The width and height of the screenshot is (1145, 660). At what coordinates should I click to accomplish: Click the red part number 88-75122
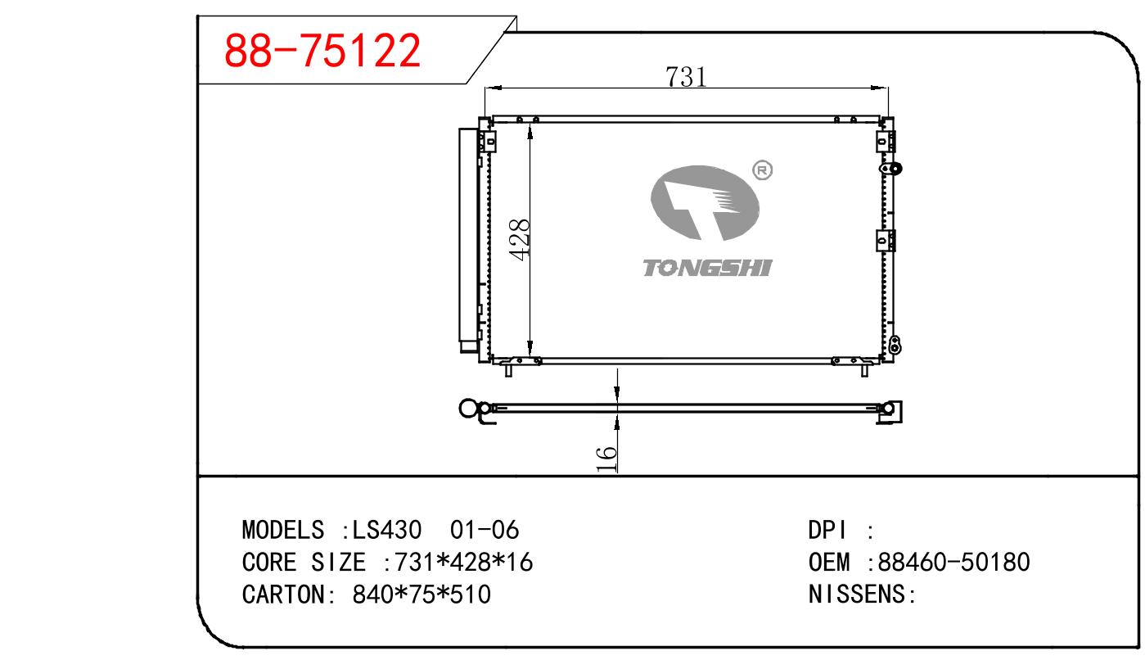[322, 50]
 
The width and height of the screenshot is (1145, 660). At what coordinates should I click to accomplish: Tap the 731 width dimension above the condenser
[686, 77]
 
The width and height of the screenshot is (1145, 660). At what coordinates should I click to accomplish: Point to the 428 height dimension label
[520, 240]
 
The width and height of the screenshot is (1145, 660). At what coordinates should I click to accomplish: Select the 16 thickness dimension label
[606, 459]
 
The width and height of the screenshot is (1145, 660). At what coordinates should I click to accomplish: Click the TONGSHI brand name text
[707, 268]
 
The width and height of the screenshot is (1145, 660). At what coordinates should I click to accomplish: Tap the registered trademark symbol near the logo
[763, 170]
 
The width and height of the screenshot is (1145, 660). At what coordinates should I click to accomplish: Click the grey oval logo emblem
[705, 203]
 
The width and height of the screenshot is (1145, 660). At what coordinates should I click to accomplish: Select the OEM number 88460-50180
[953, 562]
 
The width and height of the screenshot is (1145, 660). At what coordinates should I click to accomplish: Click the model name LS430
[387, 530]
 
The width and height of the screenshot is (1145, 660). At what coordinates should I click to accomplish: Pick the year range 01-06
[485, 530]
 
